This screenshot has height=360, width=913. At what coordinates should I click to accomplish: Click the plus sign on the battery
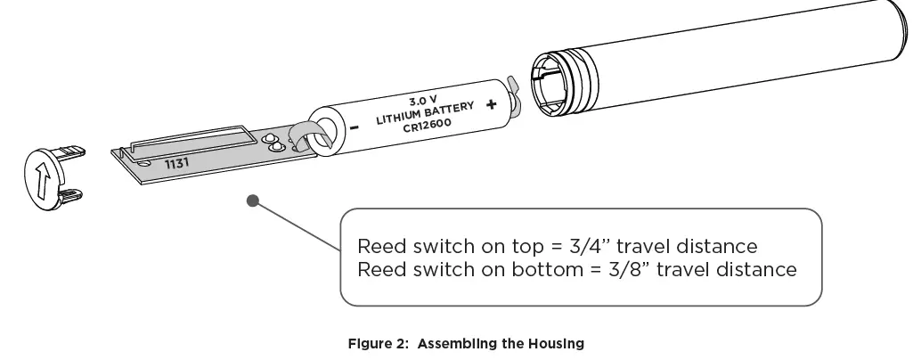click(x=491, y=104)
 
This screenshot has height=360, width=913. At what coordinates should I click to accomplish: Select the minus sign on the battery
click(x=354, y=127)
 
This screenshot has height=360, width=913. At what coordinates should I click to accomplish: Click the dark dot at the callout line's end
click(x=253, y=201)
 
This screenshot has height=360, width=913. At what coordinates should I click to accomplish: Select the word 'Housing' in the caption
click(x=556, y=343)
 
